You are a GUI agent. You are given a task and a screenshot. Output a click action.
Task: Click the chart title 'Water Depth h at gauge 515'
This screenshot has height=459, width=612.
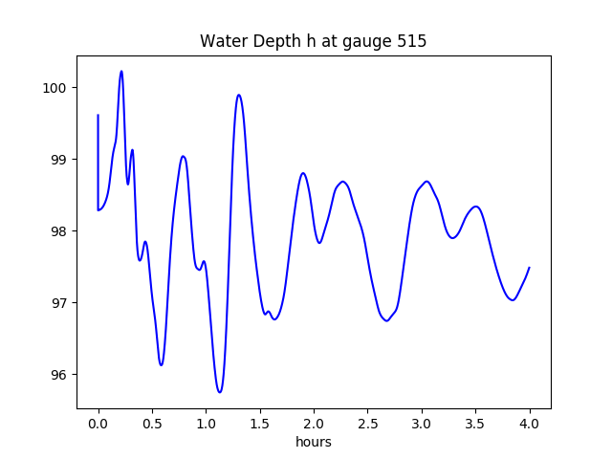[x=313, y=42]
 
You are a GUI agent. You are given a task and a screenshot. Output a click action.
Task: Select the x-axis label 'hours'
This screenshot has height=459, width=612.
[x=313, y=443]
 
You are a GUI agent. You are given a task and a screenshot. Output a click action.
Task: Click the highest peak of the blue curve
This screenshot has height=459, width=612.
[x=121, y=71]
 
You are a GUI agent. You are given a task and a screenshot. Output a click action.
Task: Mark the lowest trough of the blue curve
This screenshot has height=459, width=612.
[x=220, y=392]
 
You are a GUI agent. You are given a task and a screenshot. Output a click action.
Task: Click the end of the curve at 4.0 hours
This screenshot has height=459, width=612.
[x=529, y=268]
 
